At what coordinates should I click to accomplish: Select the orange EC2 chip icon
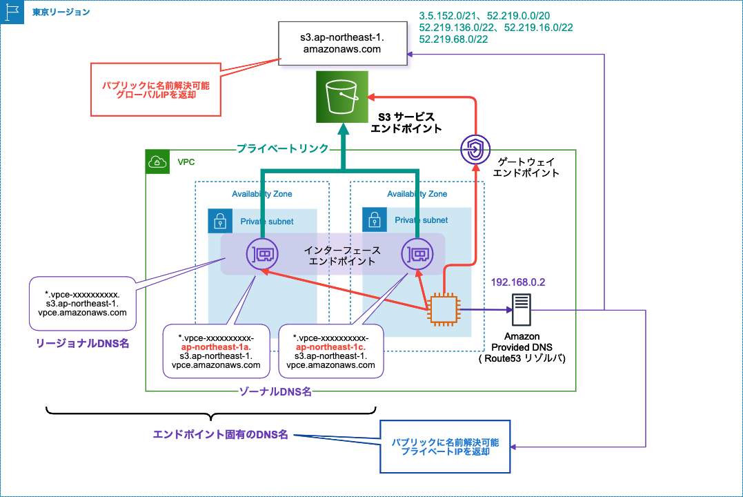coord(442,310)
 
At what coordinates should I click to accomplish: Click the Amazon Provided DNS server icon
coord(521,309)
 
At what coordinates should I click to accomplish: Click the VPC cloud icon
coord(157,162)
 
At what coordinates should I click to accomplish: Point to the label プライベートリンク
coord(282,148)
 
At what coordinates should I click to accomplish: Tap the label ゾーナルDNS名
coord(275,391)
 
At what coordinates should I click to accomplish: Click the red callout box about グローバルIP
coord(156,89)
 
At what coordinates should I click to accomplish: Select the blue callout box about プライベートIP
coord(444,447)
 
